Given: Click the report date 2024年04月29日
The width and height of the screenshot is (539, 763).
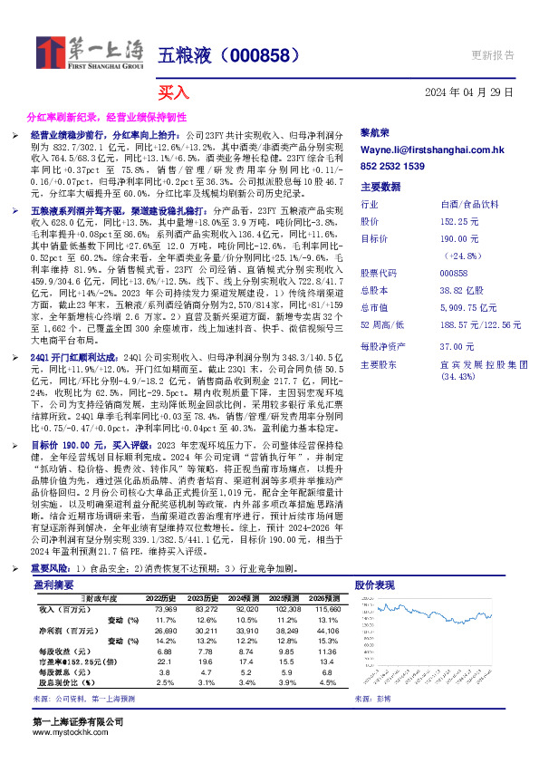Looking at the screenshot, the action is (469, 92).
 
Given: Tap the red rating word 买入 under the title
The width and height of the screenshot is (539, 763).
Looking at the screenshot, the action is (173, 92).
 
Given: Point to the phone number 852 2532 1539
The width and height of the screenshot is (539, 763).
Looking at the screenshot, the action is (392, 168).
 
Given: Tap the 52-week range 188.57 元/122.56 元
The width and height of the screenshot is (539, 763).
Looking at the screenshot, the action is (480, 324).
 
